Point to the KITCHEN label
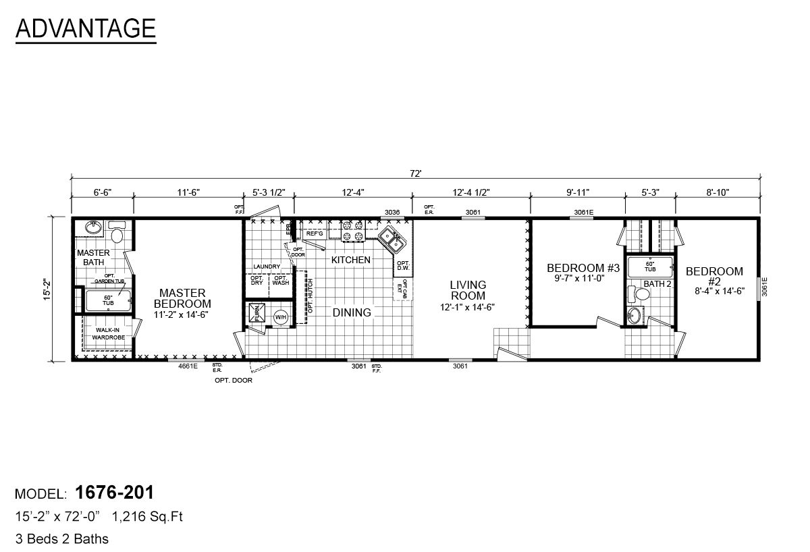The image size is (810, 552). tap(350, 260)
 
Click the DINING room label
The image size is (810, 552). tap(352, 312)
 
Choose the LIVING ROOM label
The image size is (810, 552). tap(468, 290)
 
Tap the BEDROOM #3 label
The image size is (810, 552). tap(574, 268)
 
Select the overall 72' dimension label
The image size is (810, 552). tap(415, 174)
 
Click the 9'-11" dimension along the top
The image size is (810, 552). tap(577, 192)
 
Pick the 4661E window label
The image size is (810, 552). tap(188, 366)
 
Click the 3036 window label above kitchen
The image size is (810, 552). tap(392, 212)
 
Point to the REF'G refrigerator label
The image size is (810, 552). tap(315, 233)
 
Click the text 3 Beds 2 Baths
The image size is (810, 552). tap(61, 539)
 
